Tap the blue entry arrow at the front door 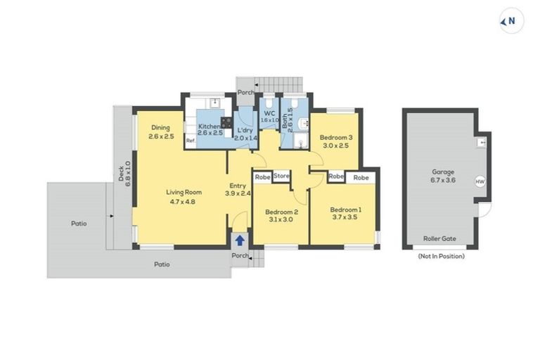click(x=240, y=240)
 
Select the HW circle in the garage click(x=480, y=181)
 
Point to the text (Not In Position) click(x=441, y=257)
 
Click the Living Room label click(x=184, y=191)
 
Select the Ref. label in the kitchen click(x=190, y=141)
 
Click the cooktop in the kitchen click(x=227, y=122)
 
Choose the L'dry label click(x=245, y=130)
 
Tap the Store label click(x=281, y=176)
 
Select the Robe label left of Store click(x=262, y=176)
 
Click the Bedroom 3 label click(x=335, y=137)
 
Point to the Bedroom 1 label click(x=346, y=209)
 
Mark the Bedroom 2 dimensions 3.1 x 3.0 click(x=281, y=219)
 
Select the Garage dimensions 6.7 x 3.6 click(x=443, y=180)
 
